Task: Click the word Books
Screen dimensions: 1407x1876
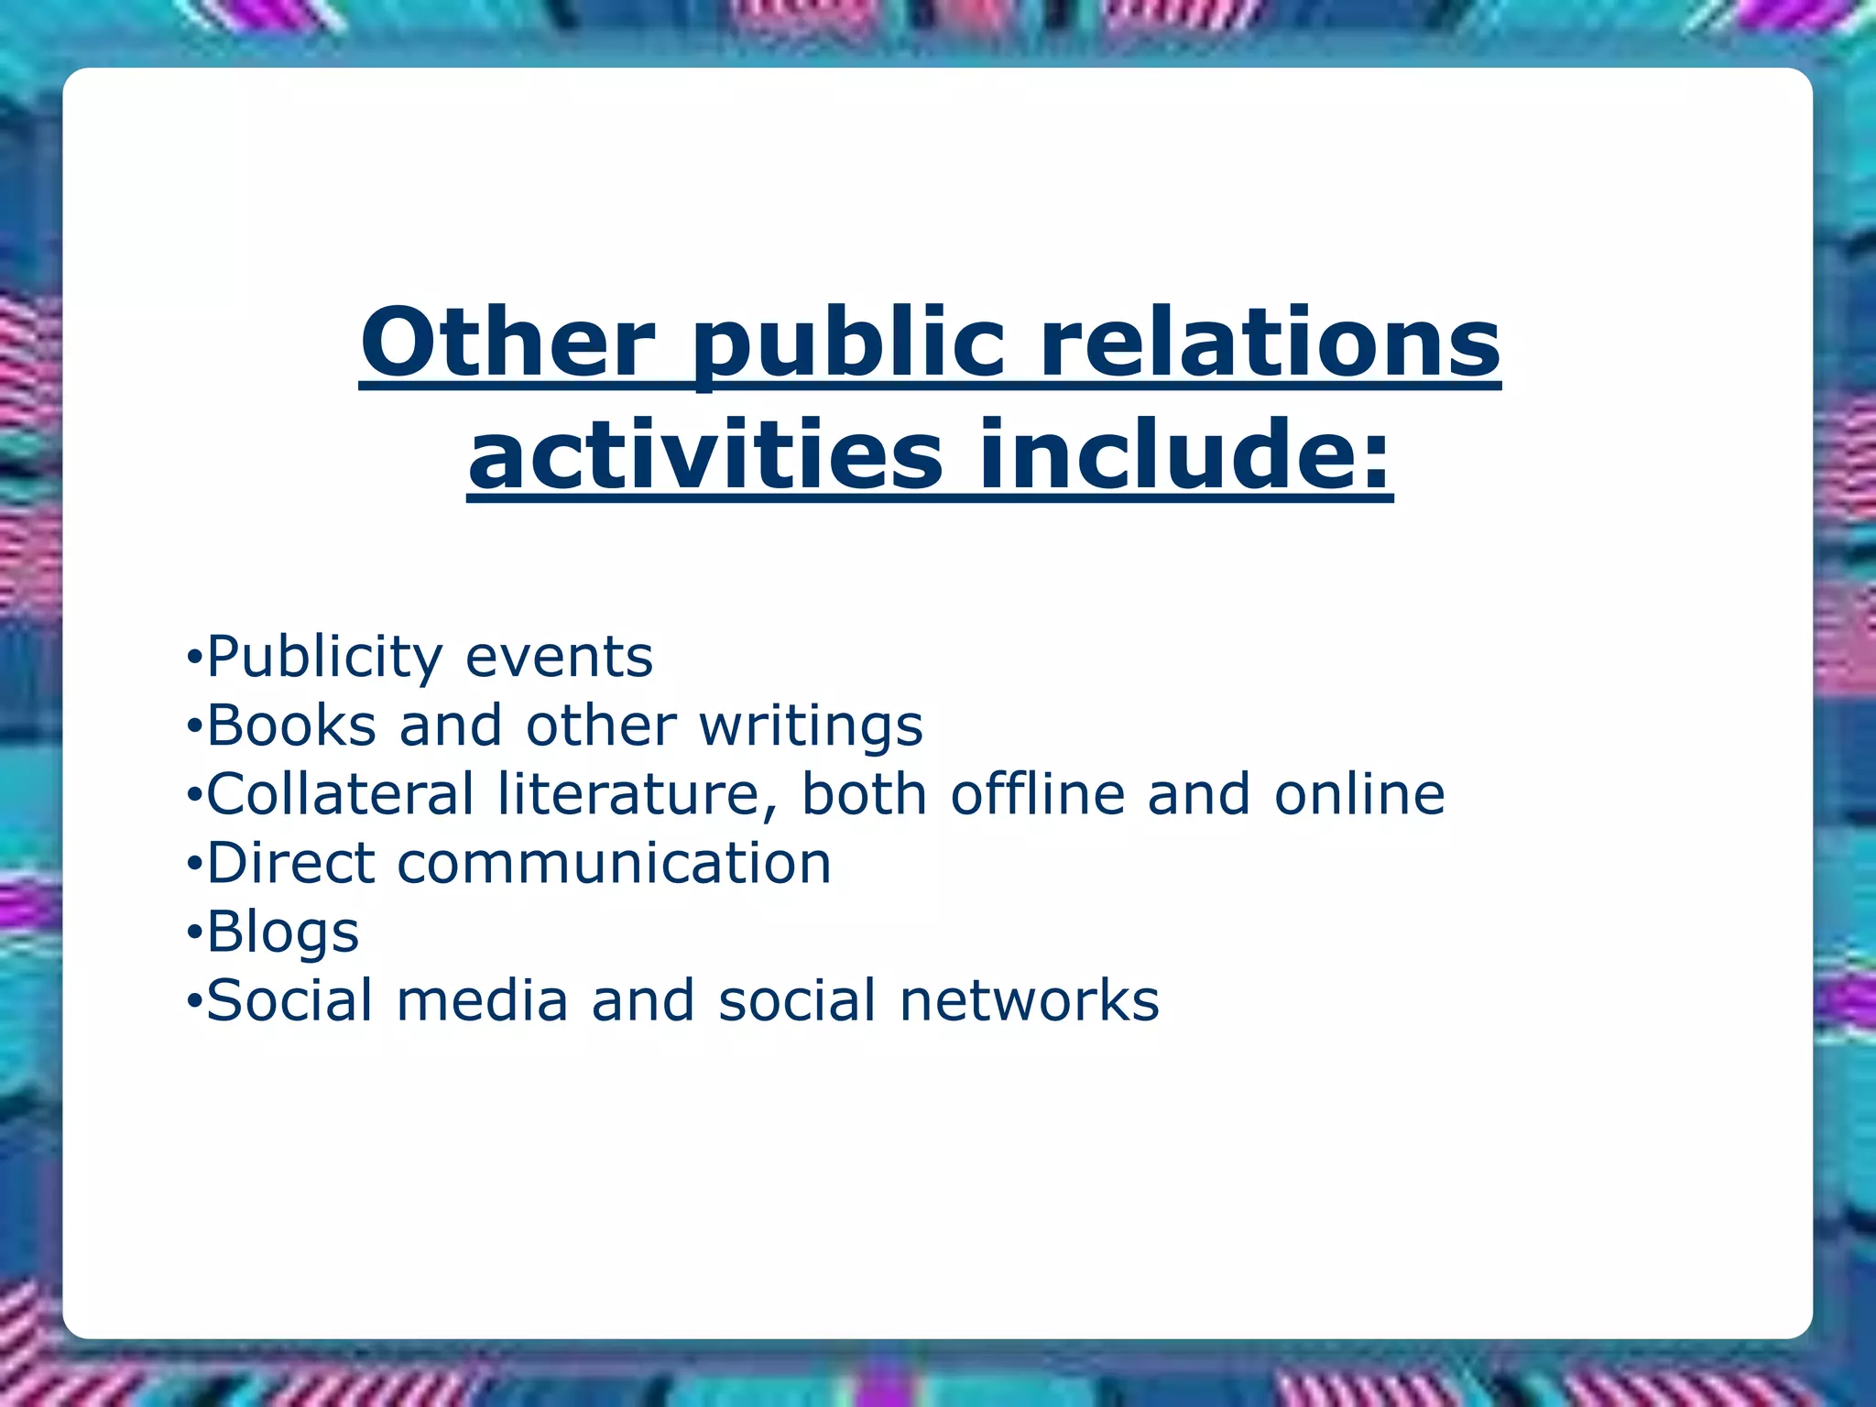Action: click(x=291, y=725)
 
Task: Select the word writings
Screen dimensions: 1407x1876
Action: click(x=811, y=727)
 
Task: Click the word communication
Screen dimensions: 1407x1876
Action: click(x=614, y=863)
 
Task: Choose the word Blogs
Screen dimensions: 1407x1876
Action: click(x=282, y=933)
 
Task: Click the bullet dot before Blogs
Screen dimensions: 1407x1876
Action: click(x=192, y=933)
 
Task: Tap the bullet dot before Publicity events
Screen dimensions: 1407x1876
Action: click(x=192, y=657)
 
